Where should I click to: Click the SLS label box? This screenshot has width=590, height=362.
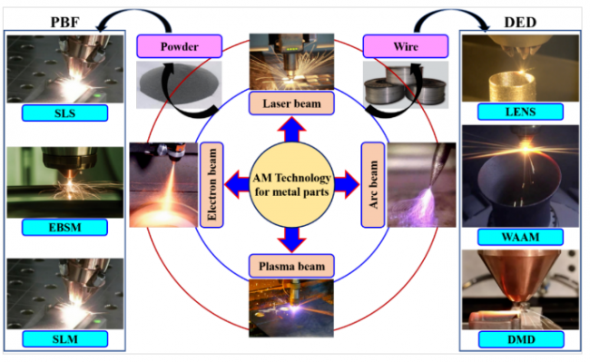pyautogui.click(x=64, y=113)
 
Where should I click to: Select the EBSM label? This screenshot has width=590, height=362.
pyautogui.click(x=64, y=228)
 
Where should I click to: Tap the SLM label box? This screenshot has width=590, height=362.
pyautogui.click(x=64, y=339)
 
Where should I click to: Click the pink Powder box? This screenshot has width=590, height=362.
pyautogui.click(x=179, y=46)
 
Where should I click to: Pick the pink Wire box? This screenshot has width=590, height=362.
pyautogui.click(x=406, y=46)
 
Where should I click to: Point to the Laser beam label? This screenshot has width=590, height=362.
pyautogui.click(x=291, y=103)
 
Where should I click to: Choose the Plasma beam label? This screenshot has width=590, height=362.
pyautogui.click(x=291, y=266)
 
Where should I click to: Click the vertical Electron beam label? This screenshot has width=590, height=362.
pyautogui.click(x=211, y=185)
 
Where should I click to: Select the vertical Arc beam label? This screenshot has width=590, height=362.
pyautogui.click(x=373, y=185)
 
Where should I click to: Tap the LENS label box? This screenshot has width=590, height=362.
pyautogui.click(x=520, y=112)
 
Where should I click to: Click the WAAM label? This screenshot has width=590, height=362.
pyautogui.click(x=520, y=237)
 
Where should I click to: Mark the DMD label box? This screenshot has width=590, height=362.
pyautogui.click(x=521, y=339)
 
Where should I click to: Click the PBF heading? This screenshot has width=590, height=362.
pyautogui.click(x=64, y=22)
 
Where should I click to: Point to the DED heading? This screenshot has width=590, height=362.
pyautogui.click(x=520, y=22)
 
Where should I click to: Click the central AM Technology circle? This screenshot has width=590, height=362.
pyautogui.click(x=291, y=185)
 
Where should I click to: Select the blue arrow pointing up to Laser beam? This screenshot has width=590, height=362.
pyautogui.click(x=291, y=130)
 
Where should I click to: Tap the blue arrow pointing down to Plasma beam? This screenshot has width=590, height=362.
pyautogui.click(x=291, y=240)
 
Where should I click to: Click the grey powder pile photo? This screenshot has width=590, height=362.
pyautogui.click(x=178, y=85)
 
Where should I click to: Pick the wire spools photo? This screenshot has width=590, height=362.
pyautogui.click(x=406, y=85)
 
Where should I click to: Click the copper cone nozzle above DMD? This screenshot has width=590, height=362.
pyautogui.click(x=520, y=277)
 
